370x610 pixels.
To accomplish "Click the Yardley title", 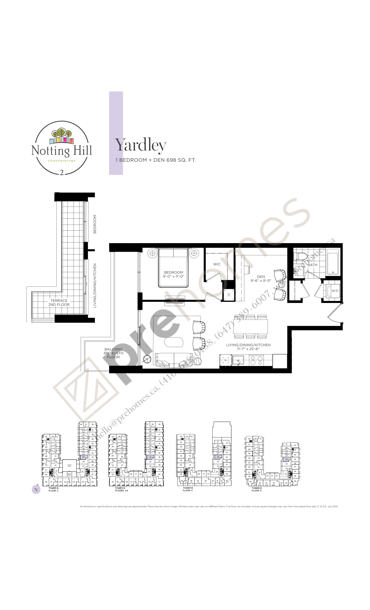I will coord(141,145).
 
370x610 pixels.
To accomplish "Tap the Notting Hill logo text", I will coord(62,150).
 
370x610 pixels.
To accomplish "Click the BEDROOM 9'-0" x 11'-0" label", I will coord(174,274).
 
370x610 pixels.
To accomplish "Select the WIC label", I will coord(217,264).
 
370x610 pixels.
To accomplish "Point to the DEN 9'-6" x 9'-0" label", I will coord(261,279).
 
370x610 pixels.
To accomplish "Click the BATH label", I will coord(312,265).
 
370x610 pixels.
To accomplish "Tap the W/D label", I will coord(335,291).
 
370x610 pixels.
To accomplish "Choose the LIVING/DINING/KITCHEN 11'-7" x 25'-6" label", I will coord(248,347).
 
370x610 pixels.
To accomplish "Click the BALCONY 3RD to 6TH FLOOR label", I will coord(113,353).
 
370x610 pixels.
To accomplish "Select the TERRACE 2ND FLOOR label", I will coord(59,303).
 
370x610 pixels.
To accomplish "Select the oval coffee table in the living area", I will coord(174,342).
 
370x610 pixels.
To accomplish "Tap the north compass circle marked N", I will coord(36,489).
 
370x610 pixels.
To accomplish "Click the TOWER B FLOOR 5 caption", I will coord(187,489).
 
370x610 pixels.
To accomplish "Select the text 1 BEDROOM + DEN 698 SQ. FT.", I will coord(156,160).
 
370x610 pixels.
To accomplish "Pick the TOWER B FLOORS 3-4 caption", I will coord(121,489).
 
